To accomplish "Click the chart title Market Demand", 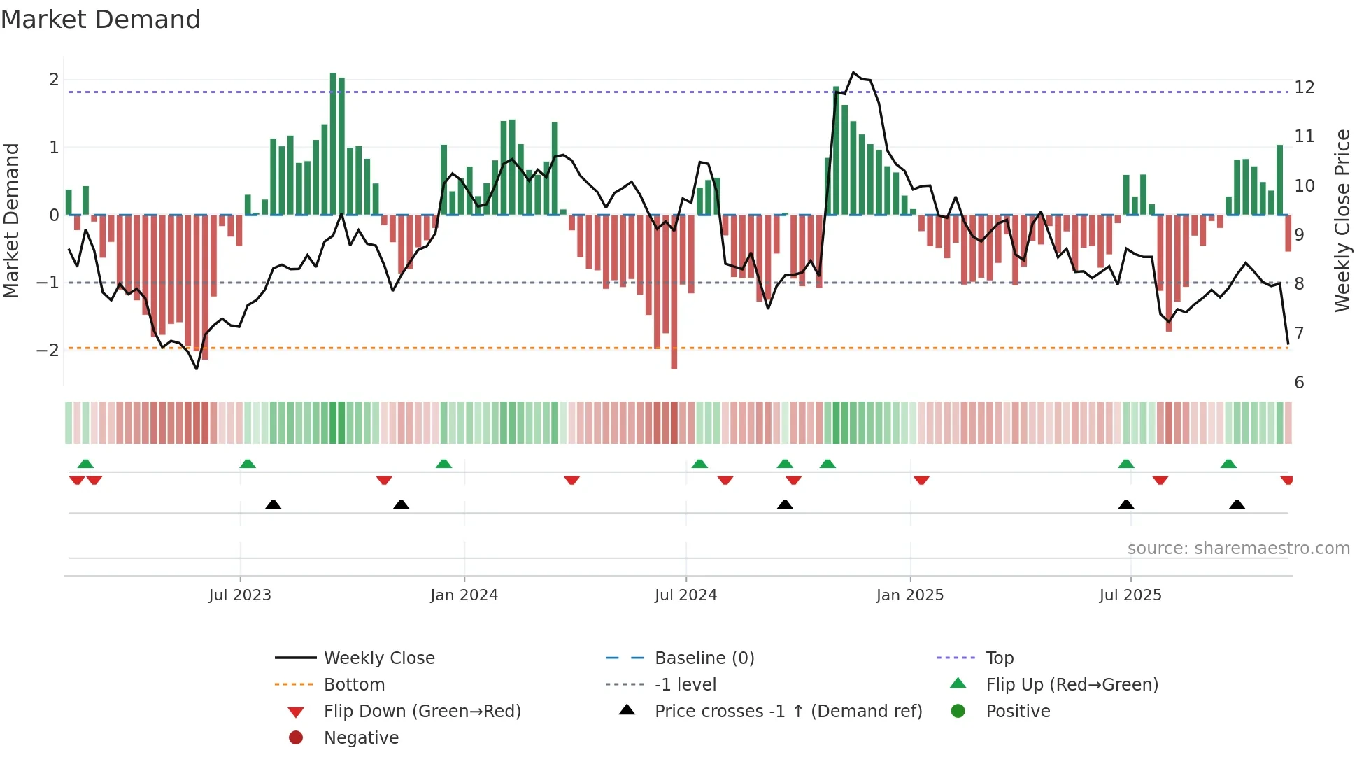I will (101, 20).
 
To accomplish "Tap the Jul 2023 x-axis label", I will (240, 595).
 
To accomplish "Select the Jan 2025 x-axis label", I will (909, 595).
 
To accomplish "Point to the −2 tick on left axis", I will (48, 350).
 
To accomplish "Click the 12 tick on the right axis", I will (1304, 87).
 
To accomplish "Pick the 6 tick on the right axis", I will (1299, 383).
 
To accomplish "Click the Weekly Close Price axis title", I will (1342, 220).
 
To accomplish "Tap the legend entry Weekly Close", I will (378, 658).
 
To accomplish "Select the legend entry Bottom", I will (354, 685).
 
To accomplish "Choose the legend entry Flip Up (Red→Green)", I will (1072, 685).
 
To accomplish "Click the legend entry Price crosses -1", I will (788, 712).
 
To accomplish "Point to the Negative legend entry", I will (361, 738).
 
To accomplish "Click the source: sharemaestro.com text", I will (1238, 549).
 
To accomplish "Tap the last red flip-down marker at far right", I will (1286, 480).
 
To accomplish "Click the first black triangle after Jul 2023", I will (274, 504).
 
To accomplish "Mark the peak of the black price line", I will (853, 72).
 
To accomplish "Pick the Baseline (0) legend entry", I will (704, 658).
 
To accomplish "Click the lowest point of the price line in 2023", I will (197, 369).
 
